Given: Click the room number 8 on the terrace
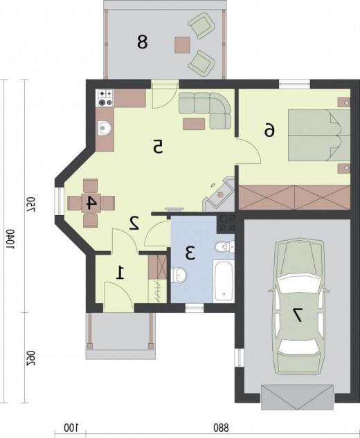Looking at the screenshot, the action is pos(142,42).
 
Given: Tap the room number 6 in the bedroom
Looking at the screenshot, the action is pos(269,131).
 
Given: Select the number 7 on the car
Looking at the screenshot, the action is pos(296,315).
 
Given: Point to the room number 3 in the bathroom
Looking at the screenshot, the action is pos(190,253).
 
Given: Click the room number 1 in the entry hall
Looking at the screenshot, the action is pos(120,273).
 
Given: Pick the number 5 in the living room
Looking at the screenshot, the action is pos(158,147).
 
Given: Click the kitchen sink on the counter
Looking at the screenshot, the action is pos(105,129).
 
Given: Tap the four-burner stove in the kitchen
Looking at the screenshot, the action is pos(105,98).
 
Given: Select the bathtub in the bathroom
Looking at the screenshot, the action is pos(224,281).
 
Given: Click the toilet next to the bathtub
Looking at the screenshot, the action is pos(224,246).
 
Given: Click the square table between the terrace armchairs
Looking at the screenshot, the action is pos(183,45).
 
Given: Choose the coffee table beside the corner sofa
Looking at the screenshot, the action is pos(194,124).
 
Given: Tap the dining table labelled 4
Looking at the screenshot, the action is pos(91,203).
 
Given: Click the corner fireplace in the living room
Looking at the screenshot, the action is pos(219,195).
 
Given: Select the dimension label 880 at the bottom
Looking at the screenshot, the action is pos(221,428).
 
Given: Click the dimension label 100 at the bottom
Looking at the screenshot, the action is pos(71,428).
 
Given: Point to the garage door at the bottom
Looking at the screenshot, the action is pos(298,397).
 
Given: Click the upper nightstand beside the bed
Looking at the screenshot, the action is pos(344,102).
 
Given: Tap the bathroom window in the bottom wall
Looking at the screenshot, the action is pos(195,308).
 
